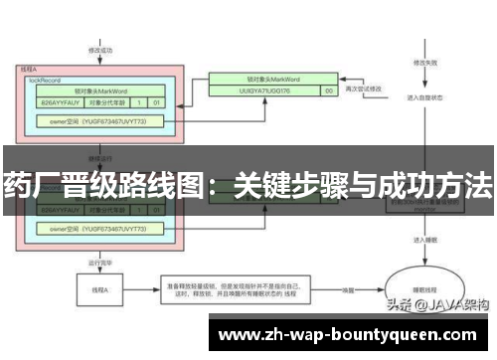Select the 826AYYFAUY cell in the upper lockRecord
(x=59, y=100)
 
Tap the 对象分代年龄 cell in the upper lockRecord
(x=106, y=100)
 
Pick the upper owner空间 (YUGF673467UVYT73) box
(x=100, y=120)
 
